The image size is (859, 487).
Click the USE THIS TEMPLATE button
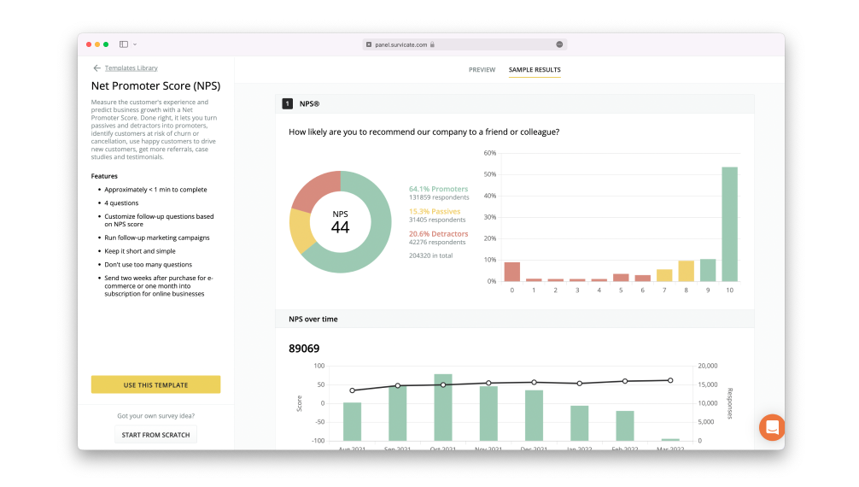[x=155, y=384]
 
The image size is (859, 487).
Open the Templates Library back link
[x=131, y=67]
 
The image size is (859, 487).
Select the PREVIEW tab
[x=482, y=69]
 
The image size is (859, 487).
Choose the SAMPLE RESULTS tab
[x=535, y=69]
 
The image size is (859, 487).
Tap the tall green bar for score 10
[x=729, y=224]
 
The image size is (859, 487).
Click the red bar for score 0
[x=512, y=272]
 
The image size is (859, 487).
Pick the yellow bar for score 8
[x=686, y=271]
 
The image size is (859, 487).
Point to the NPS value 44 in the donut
[x=340, y=226]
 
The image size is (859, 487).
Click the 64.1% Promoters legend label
[x=438, y=189]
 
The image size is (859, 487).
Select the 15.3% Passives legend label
[x=434, y=211]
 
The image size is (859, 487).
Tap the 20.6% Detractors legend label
[x=438, y=233]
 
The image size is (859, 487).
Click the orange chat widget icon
[x=772, y=427]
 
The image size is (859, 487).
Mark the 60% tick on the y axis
[x=490, y=153]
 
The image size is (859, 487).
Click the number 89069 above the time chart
[x=304, y=349]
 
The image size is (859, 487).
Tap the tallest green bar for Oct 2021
[x=443, y=407]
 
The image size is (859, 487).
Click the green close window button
[x=106, y=44]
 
